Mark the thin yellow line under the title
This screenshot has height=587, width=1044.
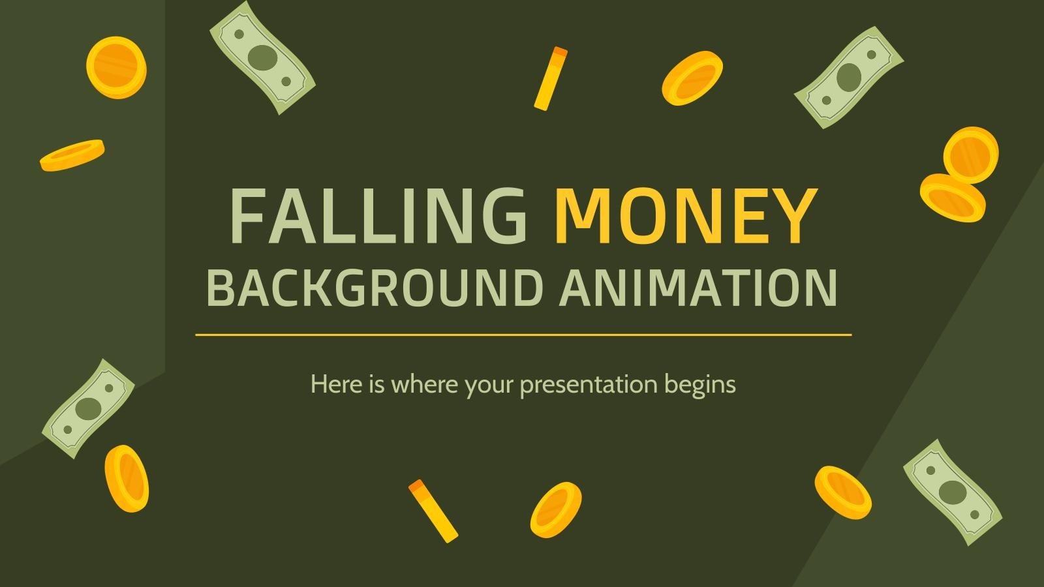point(523,335)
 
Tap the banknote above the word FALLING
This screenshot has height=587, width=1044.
point(262,57)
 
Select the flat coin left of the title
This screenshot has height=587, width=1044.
point(72,155)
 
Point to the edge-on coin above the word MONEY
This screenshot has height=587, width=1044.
point(551,78)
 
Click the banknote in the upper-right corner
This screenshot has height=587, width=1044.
point(848,77)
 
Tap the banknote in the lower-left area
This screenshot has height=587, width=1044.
point(88,408)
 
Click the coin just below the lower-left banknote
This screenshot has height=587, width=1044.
point(127,478)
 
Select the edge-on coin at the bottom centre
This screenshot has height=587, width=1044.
point(433,511)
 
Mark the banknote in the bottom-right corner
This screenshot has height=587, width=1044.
point(952,491)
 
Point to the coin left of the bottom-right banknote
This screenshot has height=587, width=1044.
point(842,492)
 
